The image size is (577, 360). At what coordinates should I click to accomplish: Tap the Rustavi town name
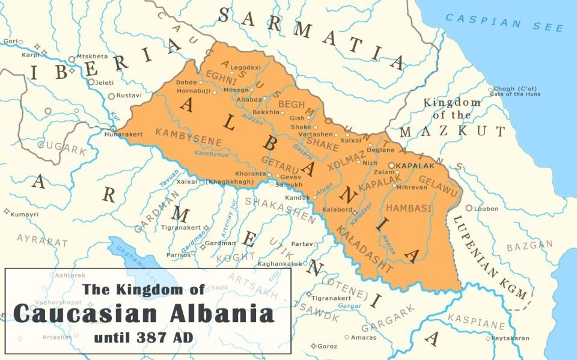point(129,96)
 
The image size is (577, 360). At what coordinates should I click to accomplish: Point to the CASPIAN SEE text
point(505,23)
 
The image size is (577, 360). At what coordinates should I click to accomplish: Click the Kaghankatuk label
point(279,264)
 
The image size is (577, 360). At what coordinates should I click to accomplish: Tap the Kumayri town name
point(26,214)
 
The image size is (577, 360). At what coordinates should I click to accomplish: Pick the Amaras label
point(364,338)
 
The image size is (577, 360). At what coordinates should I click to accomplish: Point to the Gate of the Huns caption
point(516,94)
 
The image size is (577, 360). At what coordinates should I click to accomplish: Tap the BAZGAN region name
point(529,246)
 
